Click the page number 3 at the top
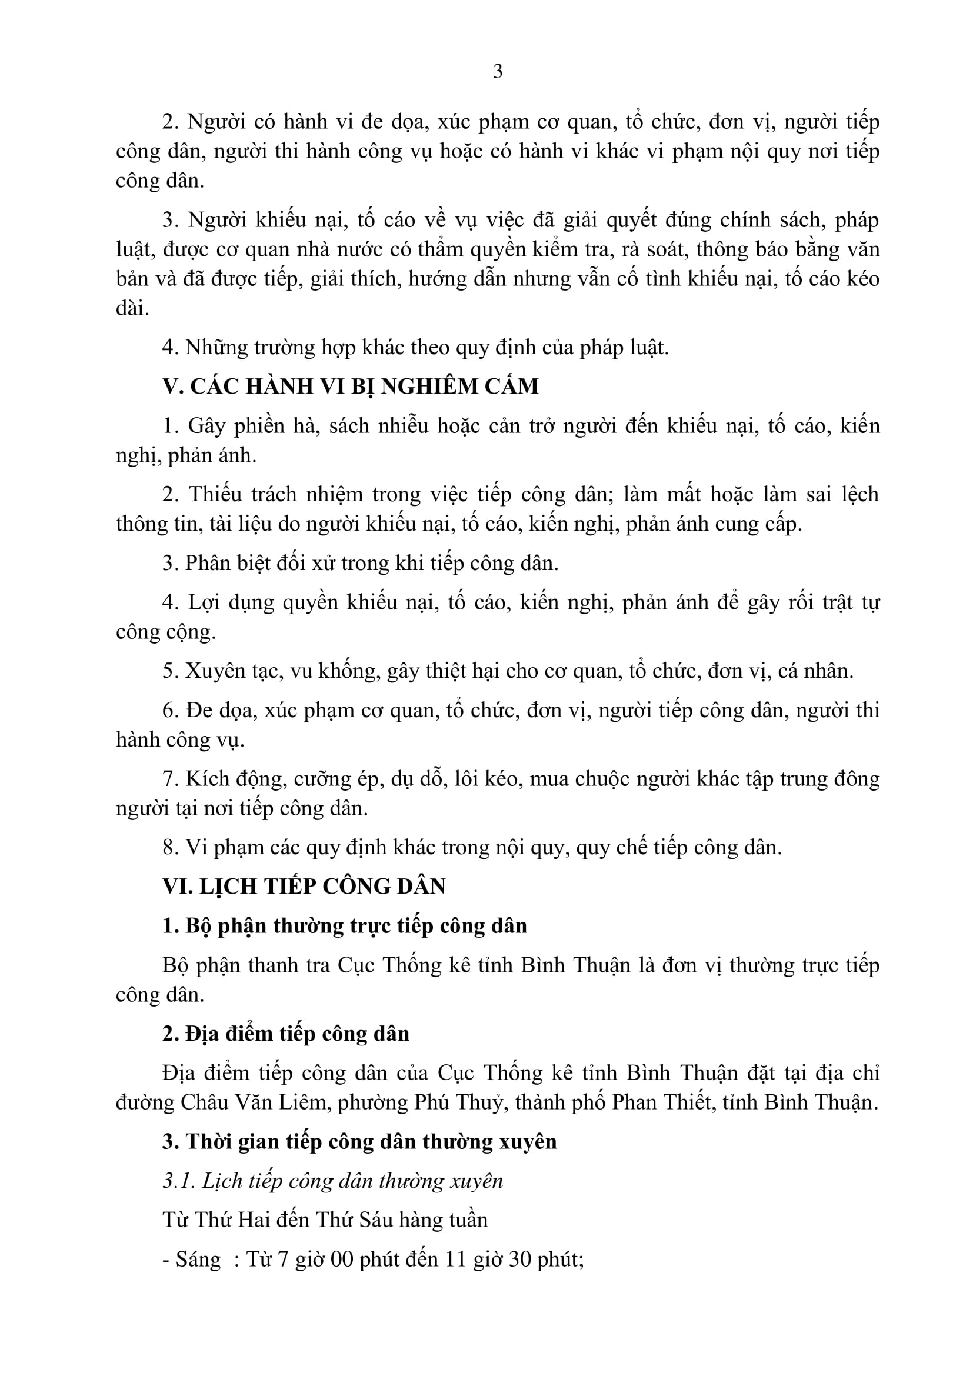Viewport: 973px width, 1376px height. [x=497, y=72]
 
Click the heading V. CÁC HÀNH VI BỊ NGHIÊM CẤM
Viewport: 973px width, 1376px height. [x=351, y=386]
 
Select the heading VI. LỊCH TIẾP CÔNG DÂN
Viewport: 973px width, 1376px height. [x=304, y=887]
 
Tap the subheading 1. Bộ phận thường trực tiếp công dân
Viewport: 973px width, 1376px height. [x=345, y=926]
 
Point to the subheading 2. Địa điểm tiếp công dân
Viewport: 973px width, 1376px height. [x=286, y=1034]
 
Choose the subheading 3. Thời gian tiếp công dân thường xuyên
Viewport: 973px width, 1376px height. [x=359, y=1142]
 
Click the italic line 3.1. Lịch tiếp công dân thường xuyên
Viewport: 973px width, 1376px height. [x=332, y=1181]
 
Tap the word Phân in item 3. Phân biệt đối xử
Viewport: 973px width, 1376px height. [x=207, y=564]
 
